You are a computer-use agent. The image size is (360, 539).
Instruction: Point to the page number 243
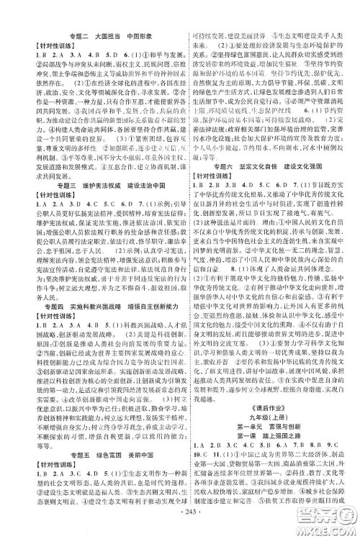point(180,530)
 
